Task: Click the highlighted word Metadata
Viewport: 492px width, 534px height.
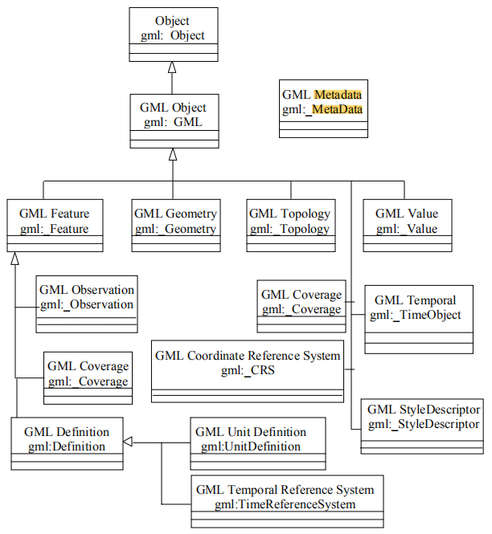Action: point(338,94)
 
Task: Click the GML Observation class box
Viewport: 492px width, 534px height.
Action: point(87,304)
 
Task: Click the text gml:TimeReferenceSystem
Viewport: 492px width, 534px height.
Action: point(285,504)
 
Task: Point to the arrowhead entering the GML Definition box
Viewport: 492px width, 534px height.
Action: point(129,442)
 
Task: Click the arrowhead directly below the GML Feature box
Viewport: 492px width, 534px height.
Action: point(14,258)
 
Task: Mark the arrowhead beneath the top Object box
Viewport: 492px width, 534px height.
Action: point(171,67)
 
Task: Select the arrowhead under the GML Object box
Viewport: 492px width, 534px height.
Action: point(171,153)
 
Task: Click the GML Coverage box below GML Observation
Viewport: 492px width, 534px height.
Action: point(87,373)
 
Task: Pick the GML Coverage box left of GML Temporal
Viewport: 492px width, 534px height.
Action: point(301,305)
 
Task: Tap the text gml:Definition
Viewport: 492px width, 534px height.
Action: point(68,446)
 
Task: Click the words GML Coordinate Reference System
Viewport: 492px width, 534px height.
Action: point(248,355)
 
